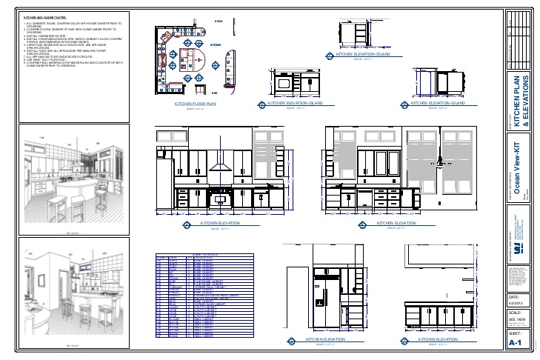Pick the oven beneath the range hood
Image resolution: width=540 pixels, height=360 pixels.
click(219, 198)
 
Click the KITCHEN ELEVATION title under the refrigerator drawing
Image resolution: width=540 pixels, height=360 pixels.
click(325, 339)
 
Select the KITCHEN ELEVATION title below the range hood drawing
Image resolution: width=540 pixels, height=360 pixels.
click(220, 221)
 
